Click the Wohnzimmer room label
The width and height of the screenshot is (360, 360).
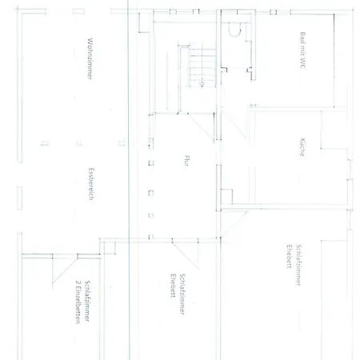[x=90, y=58]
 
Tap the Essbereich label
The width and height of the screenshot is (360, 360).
[x=91, y=184]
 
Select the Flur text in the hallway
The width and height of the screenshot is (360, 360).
[x=186, y=161]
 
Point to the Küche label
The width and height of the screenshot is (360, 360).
[x=302, y=147]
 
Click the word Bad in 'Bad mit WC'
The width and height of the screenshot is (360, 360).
[x=302, y=37]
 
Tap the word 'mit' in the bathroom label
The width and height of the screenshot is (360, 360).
[x=302, y=50]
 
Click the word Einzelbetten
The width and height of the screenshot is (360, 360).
[x=78, y=306]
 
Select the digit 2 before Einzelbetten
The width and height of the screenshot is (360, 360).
[x=78, y=282]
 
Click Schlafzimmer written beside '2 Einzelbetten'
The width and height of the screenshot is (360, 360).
[x=87, y=301]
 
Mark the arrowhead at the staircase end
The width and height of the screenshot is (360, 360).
[x=202, y=85]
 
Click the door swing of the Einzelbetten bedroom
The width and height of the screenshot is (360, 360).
[x=65, y=270]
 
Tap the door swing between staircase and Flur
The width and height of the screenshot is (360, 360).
[x=201, y=127]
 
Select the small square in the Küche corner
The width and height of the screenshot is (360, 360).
[x=226, y=197]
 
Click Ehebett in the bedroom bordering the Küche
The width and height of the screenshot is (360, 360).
[x=289, y=256]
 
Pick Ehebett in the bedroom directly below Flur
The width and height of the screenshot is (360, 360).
[x=173, y=286]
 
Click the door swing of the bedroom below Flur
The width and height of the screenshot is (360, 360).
[x=185, y=254]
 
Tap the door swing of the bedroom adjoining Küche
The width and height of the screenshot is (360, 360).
[x=234, y=224]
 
